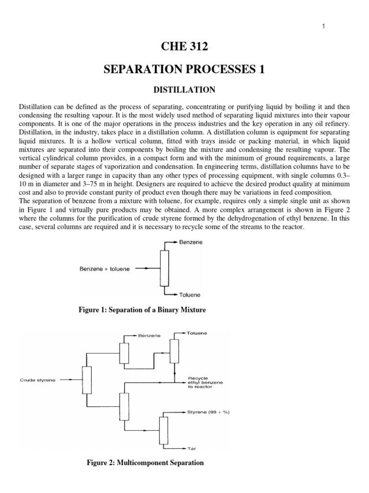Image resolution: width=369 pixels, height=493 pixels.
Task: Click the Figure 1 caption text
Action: click(x=142, y=310)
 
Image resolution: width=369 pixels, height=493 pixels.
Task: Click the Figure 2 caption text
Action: click(x=145, y=463)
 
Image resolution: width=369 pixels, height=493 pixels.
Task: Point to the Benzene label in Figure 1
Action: click(x=191, y=243)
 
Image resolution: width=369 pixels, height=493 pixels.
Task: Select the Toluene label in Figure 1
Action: click(x=190, y=294)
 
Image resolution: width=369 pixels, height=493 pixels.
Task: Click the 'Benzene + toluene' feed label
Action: click(x=105, y=269)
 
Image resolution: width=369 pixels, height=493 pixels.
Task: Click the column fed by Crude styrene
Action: click(x=86, y=380)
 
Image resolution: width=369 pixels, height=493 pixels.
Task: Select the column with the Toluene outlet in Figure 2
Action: click(x=174, y=352)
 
